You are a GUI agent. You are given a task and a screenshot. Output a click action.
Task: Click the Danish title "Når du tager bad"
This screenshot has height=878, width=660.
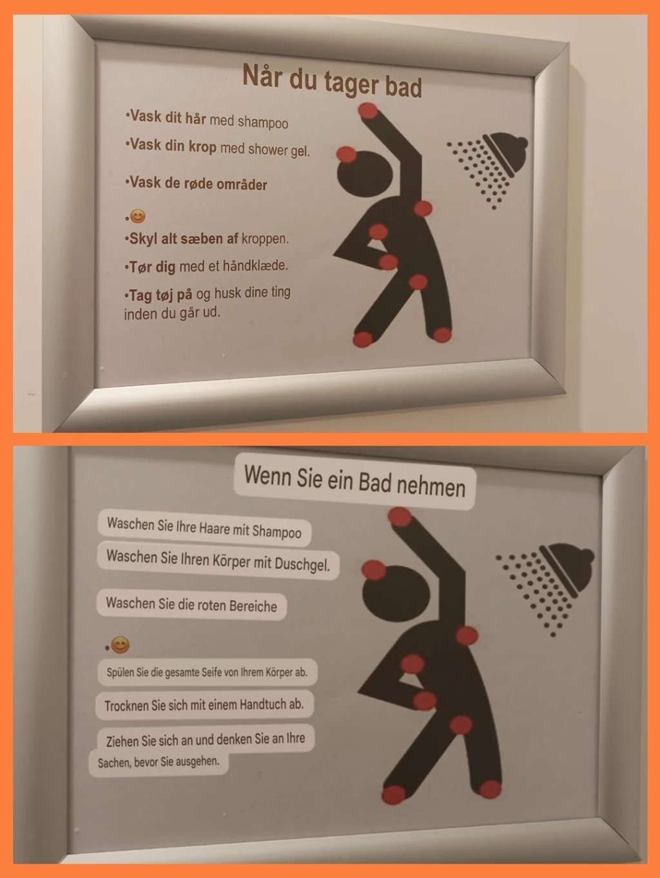click(332, 81)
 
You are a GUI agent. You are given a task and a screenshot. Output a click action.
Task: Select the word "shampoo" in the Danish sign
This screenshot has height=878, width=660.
click(263, 122)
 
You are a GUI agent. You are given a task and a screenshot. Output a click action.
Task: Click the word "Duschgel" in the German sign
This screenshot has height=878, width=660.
click(302, 564)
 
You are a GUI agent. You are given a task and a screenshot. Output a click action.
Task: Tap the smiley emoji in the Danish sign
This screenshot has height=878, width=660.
click(138, 216)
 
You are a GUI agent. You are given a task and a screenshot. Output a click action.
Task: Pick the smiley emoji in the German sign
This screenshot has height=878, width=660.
click(120, 645)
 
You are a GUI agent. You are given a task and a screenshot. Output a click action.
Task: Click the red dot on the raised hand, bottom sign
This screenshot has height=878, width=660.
click(400, 517)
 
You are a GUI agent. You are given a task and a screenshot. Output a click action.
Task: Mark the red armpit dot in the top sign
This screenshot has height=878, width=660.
click(423, 209)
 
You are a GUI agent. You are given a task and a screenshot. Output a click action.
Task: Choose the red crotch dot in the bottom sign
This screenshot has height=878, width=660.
click(461, 725)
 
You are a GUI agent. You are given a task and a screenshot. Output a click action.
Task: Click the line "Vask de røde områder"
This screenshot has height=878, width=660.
click(196, 184)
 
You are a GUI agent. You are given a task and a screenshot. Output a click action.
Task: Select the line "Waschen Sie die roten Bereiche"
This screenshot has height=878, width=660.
click(191, 604)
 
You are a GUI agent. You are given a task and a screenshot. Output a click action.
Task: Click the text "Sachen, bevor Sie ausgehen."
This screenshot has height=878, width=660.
click(159, 761)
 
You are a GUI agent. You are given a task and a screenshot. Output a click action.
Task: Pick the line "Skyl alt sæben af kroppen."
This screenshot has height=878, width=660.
click(206, 239)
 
